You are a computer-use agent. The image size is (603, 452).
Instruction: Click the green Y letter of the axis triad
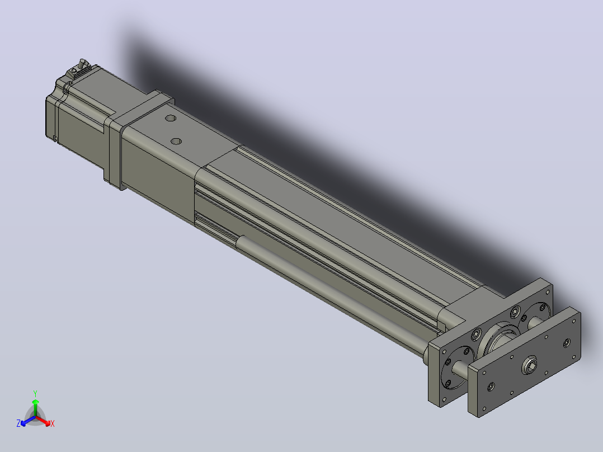click(35, 393)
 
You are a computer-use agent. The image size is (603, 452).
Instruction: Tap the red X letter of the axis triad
click(53, 423)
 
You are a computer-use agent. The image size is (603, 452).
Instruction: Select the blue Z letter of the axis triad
click(18, 423)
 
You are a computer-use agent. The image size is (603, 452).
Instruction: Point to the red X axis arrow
click(43, 421)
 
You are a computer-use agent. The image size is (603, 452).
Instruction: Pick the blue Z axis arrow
click(28, 421)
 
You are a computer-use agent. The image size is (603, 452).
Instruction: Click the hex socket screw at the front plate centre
click(530, 364)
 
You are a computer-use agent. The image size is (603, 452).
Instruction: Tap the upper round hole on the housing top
click(171, 117)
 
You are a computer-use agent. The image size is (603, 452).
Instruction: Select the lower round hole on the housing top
click(176, 141)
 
